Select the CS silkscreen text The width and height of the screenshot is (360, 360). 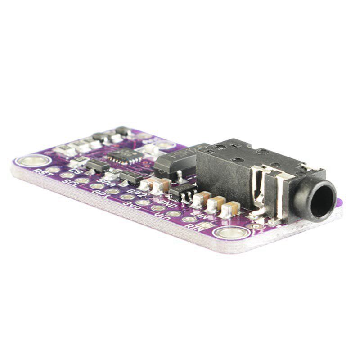(77, 171)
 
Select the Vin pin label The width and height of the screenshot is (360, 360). (160, 215)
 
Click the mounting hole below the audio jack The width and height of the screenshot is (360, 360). (229, 233)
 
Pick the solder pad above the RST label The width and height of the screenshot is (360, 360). (54, 169)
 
